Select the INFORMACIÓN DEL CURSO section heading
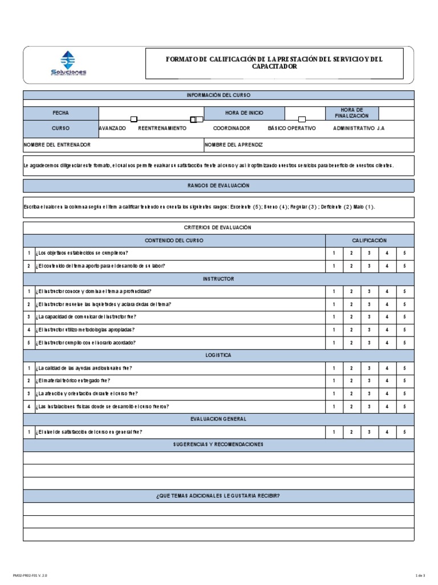[218, 95]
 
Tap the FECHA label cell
[60, 113]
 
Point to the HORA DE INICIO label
[244, 113]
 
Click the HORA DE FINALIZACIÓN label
[352, 113]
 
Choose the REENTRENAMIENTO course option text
[162, 129]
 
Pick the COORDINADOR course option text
[232, 129]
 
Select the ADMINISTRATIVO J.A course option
[359, 129]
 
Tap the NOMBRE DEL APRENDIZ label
[234, 145]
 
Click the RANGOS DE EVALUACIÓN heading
[218, 186]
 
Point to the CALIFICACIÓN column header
[370, 241]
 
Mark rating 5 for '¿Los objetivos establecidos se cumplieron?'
[404, 253]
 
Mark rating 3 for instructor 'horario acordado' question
[369, 343]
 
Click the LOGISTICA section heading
[218, 355]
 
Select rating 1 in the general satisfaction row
[334, 432]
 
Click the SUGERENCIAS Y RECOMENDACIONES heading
[218, 444]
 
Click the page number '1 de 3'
[421, 575]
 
